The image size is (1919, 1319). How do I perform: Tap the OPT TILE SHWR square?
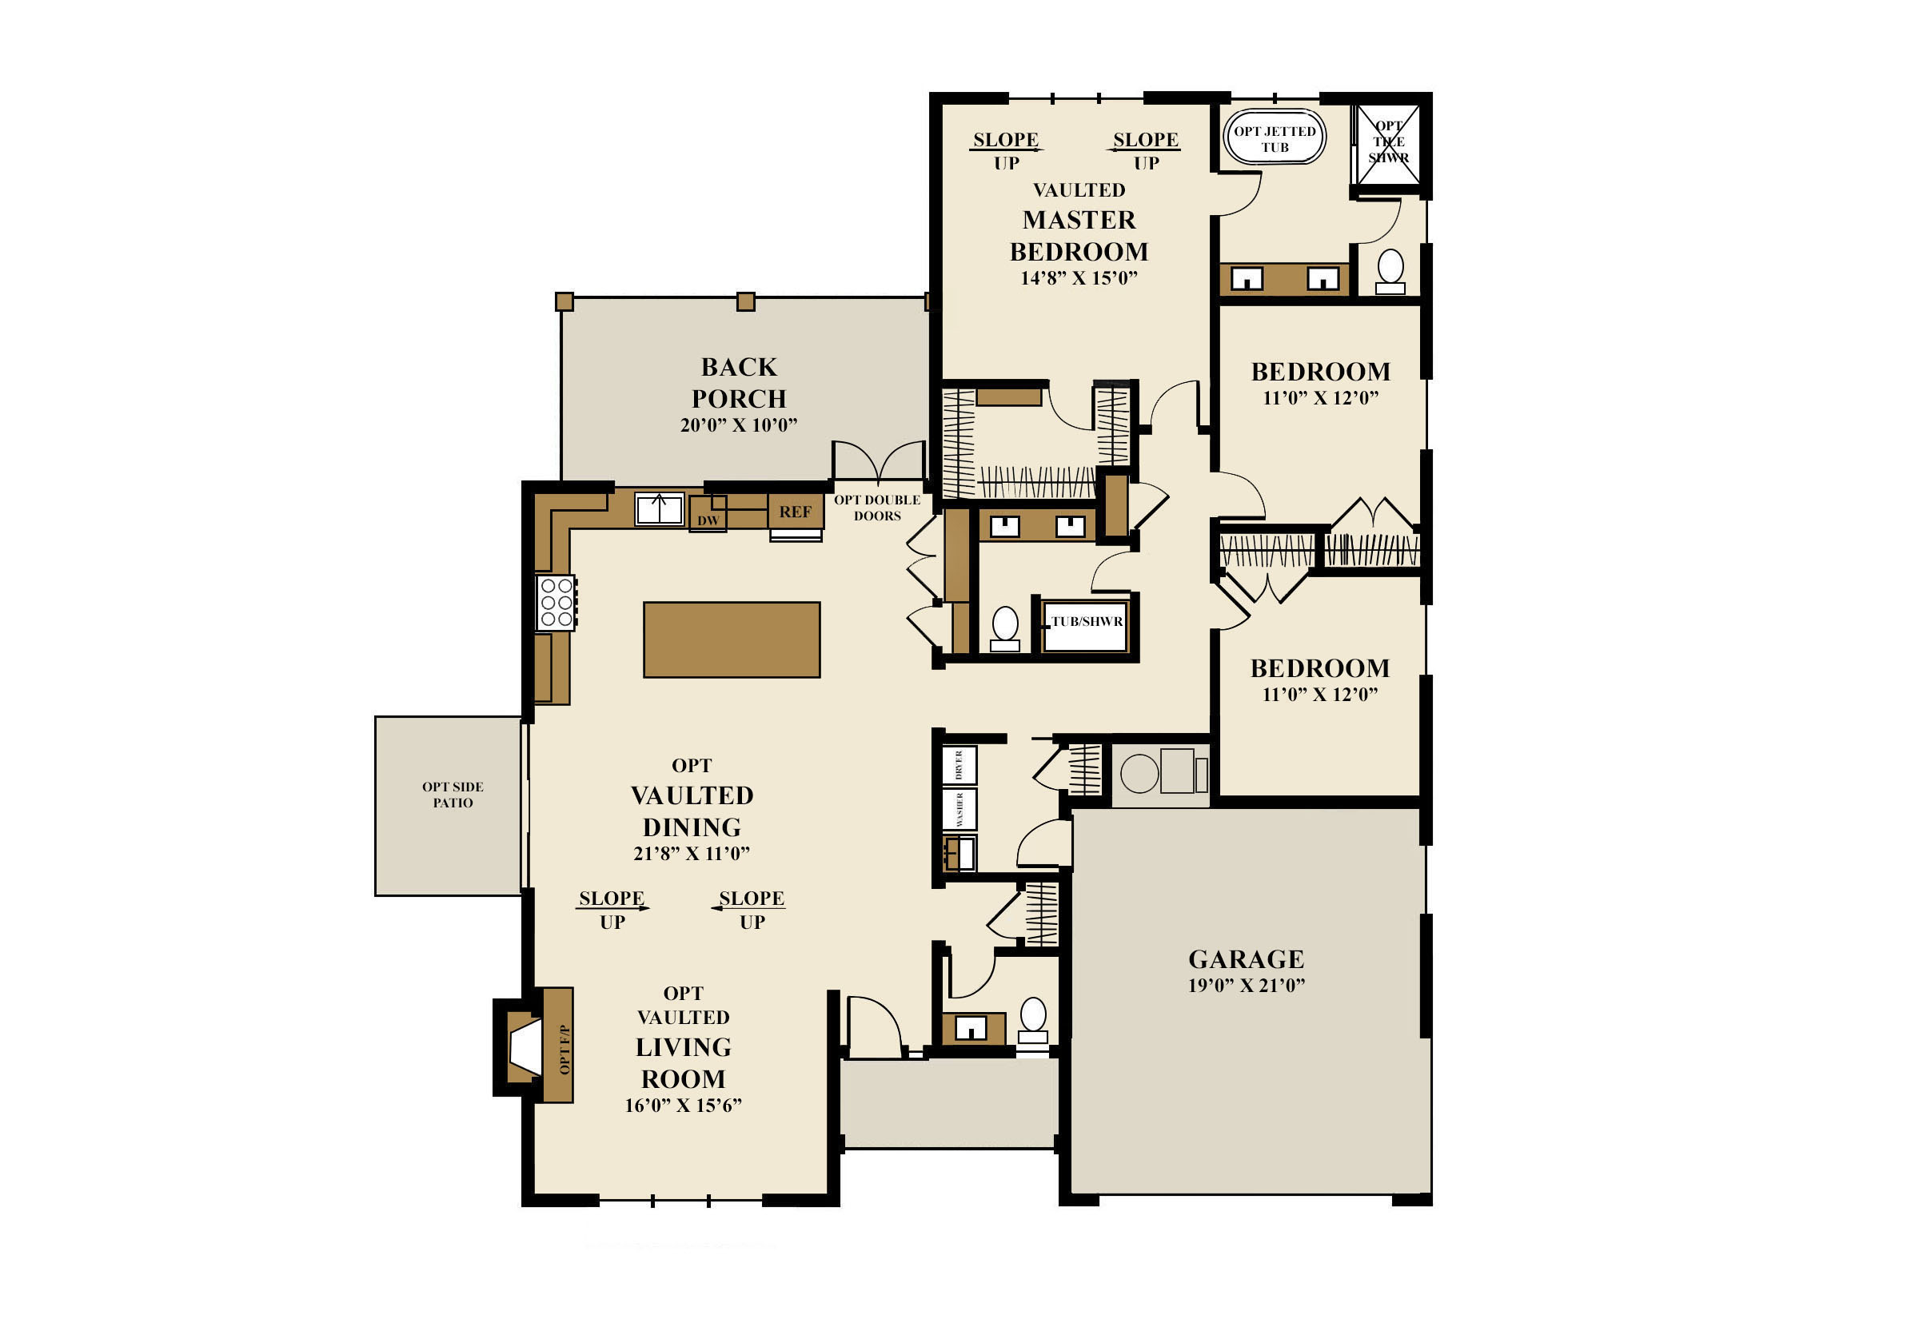[x=1388, y=144]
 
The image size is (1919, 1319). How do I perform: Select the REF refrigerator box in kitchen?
[x=795, y=512]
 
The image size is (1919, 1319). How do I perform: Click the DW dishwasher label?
[x=708, y=520]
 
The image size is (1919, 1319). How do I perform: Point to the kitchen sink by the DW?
[x=659, y=509]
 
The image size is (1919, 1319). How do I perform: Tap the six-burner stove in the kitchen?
[x=557, y=603]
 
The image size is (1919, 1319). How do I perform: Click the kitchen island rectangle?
[x=732, y=640]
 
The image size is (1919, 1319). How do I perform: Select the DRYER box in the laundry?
[x=959, y=765]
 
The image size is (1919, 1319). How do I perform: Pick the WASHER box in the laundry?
[x=959, y=809]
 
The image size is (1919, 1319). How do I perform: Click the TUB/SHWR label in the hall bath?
[x=1087, y=621]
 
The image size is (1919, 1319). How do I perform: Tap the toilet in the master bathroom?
[x=1390, y=271]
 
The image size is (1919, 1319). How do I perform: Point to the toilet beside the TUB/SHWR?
[x=1005, y=628]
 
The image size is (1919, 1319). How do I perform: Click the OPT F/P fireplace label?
[x=565, y=1049]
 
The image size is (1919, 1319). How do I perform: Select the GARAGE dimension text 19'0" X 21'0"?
[x=1247, y=985]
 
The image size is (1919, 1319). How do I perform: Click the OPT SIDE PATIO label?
[x=453, y=795]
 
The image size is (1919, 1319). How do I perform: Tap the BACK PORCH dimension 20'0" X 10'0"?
[x=739, y=424]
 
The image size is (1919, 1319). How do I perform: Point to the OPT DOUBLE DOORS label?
[x=877, y=508]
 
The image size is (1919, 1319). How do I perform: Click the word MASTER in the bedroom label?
[x=1079, y=220]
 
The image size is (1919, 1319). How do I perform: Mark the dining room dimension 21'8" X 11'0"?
[x=692, y=854]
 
